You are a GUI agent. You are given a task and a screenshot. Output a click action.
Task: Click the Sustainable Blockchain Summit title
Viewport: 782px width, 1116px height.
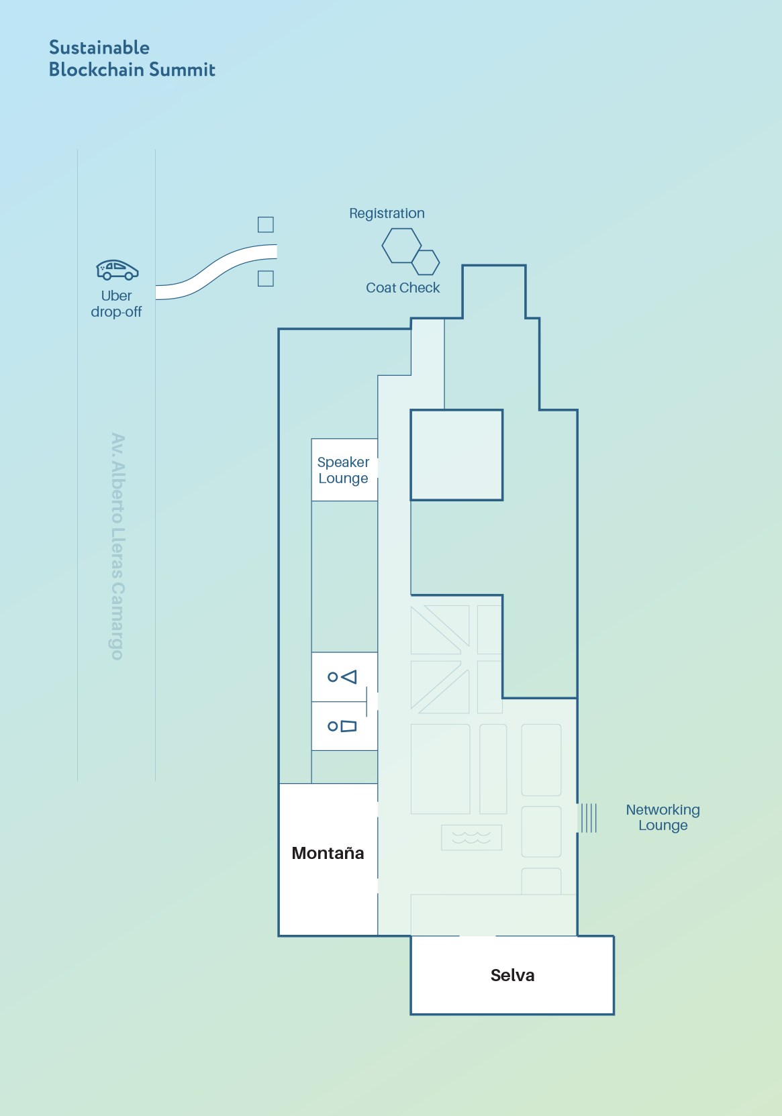[132, 58]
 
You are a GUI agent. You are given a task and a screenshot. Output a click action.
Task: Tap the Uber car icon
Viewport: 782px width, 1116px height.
[117, 270]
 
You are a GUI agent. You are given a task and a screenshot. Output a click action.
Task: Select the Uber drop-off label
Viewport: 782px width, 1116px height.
[116, 304]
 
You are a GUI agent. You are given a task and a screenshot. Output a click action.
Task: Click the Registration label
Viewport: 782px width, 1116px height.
[387, 213]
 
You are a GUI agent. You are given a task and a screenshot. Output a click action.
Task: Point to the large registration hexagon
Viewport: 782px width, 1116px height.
[401, 246]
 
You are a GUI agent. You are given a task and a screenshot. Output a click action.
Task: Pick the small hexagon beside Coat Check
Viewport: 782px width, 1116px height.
[426, 262]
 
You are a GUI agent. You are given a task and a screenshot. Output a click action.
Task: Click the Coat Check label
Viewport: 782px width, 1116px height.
[403, 288]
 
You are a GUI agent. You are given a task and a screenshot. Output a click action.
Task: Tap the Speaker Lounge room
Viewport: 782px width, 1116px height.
[344, 470]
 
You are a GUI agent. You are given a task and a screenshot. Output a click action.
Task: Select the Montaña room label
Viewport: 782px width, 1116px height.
[328, 853]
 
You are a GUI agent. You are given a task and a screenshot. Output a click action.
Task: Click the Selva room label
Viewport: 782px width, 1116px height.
[512, 975]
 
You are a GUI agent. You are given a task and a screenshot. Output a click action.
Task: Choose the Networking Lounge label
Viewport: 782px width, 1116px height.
[663, 817]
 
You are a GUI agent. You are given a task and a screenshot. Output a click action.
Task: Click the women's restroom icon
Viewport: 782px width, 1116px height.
[342, 677]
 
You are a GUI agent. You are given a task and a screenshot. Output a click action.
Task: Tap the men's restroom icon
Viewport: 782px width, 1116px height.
[342, 726]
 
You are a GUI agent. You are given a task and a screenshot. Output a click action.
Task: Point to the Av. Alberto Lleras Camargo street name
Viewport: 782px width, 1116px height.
[117, 546]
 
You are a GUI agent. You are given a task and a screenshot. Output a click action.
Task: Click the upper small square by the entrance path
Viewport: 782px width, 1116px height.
[266, 225]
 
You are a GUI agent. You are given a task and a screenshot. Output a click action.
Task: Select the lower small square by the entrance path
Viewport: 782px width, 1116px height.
[266, 278]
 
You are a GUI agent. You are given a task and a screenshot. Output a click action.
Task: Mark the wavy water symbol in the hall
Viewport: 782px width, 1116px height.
[471, 838]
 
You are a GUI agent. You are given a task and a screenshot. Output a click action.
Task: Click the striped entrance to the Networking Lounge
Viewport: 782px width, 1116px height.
[588, 818]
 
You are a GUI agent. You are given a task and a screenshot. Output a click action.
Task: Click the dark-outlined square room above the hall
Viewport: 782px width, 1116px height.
[456, 455]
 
